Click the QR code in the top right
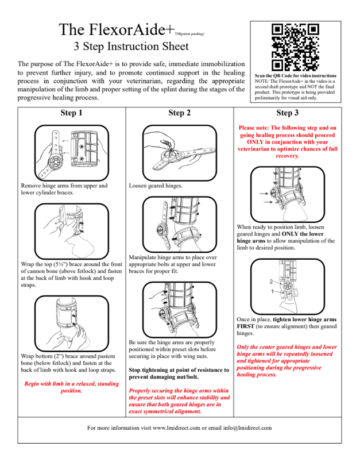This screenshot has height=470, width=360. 295,47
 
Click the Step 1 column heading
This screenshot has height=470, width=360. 71,113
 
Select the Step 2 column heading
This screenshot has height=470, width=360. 180,113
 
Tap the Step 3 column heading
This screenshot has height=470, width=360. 287,113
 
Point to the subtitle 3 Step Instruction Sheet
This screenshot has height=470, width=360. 130,47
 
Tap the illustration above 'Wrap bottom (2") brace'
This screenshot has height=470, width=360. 71,323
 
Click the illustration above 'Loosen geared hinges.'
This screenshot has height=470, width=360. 180,152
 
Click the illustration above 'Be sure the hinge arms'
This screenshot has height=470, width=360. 180,310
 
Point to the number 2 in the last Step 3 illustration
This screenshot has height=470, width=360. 271,282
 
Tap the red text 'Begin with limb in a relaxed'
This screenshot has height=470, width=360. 71,387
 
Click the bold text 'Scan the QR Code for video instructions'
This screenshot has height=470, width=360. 295,75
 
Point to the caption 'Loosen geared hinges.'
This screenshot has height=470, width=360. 156,186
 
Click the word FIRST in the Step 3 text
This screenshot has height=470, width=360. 247,326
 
